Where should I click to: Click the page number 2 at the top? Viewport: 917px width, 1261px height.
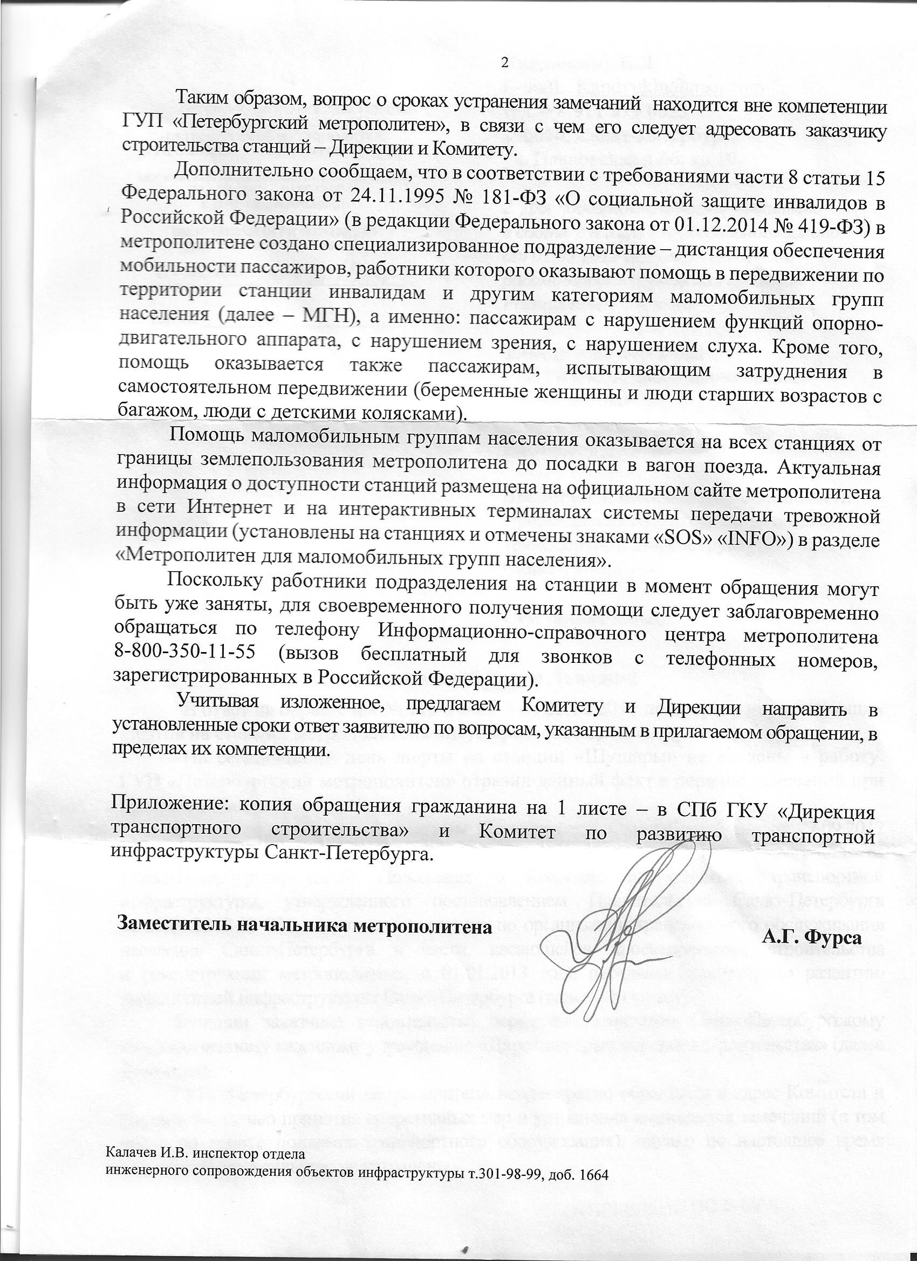tap(505, 63)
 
